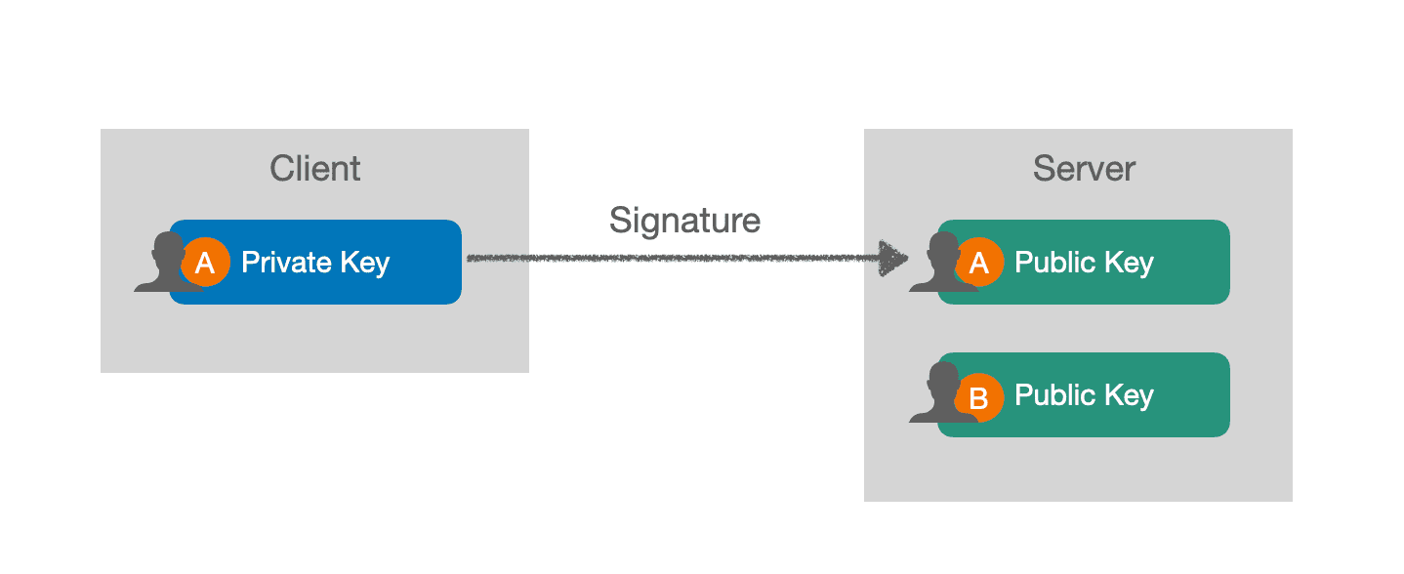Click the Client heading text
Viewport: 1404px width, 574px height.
tap(314, 169)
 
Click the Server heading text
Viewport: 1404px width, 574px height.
tap(1084, 169)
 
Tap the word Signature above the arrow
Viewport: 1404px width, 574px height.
tap(684, 221)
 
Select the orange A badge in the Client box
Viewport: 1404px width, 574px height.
tap(205, 262)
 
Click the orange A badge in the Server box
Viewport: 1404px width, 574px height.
tap(979, 262)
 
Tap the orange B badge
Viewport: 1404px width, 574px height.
tap(979, 397)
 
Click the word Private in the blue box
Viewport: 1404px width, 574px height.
tap(286, 262)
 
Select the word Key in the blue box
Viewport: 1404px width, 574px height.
tap(365, 265)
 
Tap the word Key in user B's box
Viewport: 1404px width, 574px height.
tap(1129, 397)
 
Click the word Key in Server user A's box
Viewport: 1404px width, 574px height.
tap(1129, 265)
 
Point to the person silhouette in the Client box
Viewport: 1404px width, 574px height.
tap(164, 264)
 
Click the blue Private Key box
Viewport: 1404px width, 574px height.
tap(315, 262)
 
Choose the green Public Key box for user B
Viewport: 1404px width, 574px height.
tap(1084, 394)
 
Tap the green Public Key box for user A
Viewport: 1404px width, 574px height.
tap(1084, 262)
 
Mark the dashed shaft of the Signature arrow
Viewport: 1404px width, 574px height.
tap(673, 258)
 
